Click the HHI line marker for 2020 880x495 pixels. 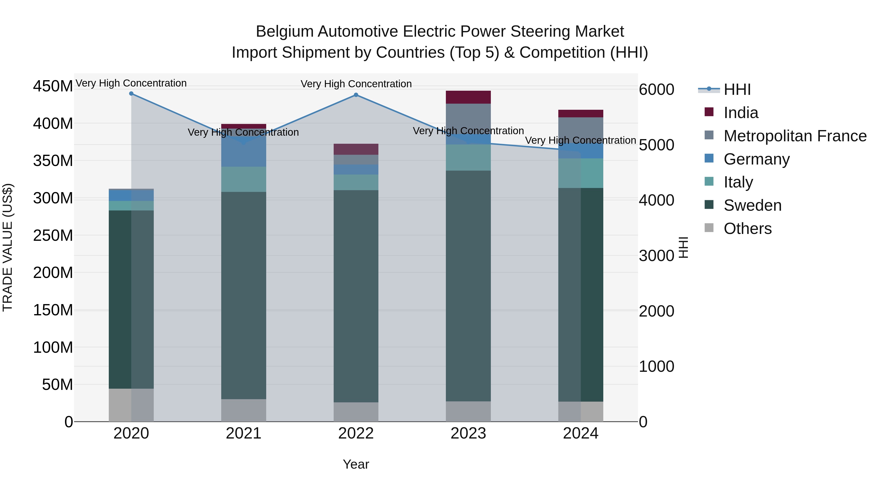[x=131, y=94]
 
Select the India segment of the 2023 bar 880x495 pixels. [x=468, y=97]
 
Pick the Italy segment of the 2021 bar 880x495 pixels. [x=243, y=179]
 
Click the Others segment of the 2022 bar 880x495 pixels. [x=356, y=412]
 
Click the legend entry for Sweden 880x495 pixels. [x=752, y=205]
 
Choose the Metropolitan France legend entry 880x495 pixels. [x=795, y=136]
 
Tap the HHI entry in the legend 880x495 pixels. [x=737, y=89]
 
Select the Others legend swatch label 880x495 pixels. [x=748, y=229]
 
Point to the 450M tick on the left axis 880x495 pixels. [x=53, y=86]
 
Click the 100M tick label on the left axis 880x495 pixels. [x=53, y=347]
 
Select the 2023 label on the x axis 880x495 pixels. [x=468, y=433]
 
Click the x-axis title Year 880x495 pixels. [x=356, y=464]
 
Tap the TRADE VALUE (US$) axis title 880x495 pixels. [x=8, y=247]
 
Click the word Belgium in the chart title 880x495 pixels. [x=285, y=32]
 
